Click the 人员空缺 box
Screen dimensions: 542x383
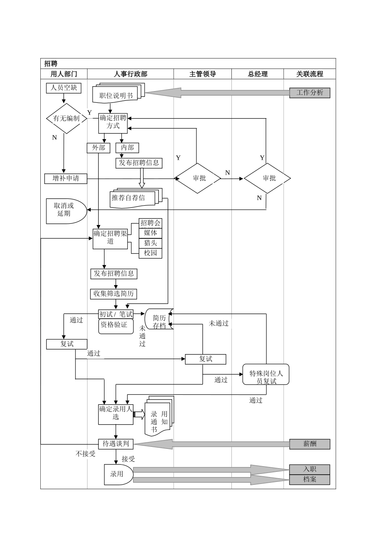[x=64, y=88]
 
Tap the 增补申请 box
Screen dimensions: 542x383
[x=66, y=178]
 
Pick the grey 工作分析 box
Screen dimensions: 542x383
[x=310, y=93]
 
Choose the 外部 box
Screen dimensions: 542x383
[x=98, y=148]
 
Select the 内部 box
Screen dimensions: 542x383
[x=127, y=148]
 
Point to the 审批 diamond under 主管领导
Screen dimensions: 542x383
[x=198, y=178]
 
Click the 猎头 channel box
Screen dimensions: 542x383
[x=150, y=243]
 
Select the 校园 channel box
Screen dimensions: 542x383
[x=150, y=253]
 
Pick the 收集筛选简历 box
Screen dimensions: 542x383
[x=114, y=294]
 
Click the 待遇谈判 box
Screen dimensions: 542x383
[x=116, y=444]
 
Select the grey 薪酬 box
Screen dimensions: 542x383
[x=310, y=444]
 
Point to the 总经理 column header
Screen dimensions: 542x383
[x=258, y=74]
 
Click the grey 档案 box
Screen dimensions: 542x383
[x=310, y=479]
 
